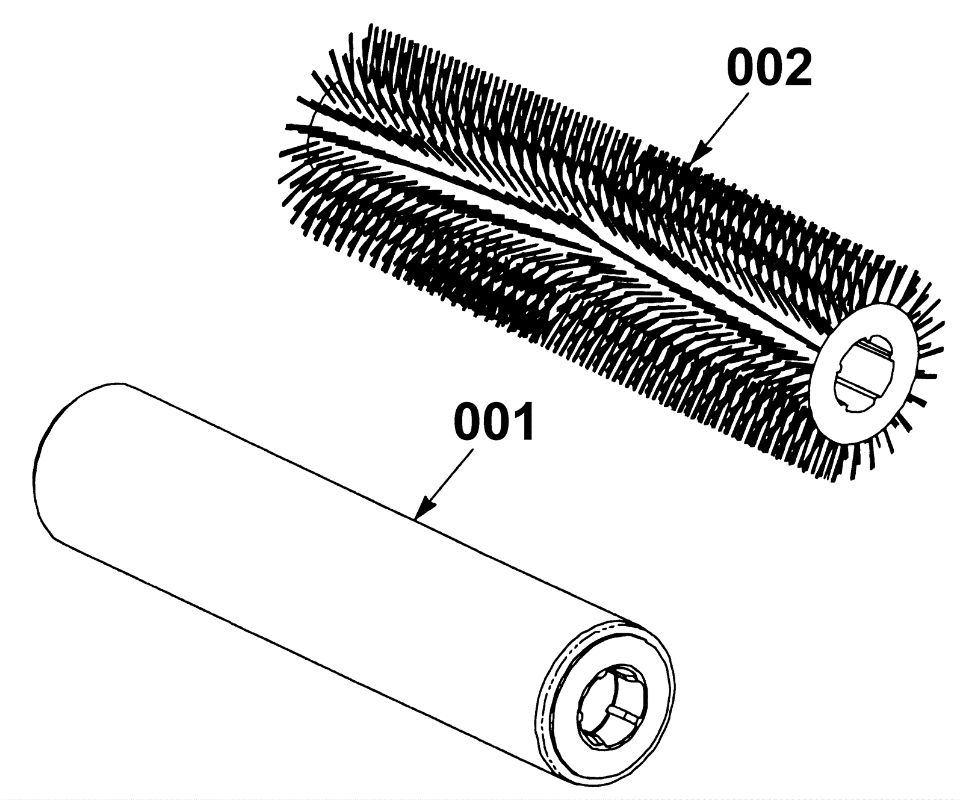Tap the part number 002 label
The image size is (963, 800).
(769, 68)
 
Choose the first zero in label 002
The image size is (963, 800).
(742, 68)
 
